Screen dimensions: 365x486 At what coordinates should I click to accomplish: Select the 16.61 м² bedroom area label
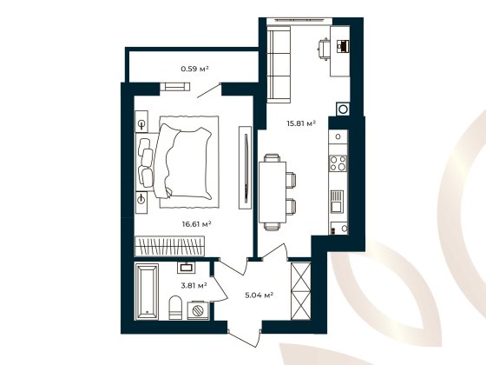pyautogui.click(x=196, y=223)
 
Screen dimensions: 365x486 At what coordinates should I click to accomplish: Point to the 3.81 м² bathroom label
pyautogui.click(x=194, y=285)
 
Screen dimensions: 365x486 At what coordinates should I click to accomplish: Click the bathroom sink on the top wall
pyautogui.click(x=185, y=268)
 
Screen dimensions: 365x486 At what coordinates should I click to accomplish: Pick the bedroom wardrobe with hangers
pyautogui.click(x=177, y=244)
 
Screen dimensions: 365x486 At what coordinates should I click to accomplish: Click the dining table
pyautogui.click(x=273, y=190)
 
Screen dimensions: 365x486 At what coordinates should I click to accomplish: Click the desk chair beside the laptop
pyautogui.click(x=323, y=46)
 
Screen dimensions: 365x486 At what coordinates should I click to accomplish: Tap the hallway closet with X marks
pyautogui.click(x=300, y=291)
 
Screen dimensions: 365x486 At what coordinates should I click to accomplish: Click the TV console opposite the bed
pyautogui.click(x=246, y=165)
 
